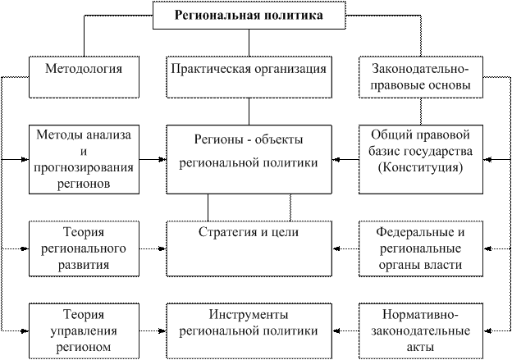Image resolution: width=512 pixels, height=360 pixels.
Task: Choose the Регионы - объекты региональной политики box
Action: tap(249, 157)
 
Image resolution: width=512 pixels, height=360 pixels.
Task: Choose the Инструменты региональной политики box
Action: tap(249, 330)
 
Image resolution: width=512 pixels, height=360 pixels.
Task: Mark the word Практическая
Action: tap(209, 69)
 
